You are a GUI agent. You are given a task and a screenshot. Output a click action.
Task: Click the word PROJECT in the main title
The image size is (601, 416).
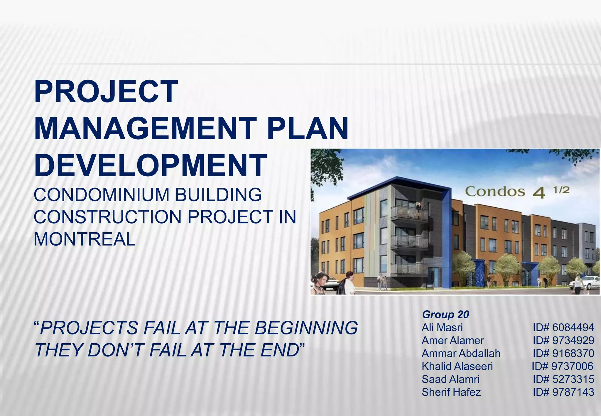coord(106,92)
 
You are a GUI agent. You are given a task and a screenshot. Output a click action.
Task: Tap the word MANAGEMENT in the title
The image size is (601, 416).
coord(145,129)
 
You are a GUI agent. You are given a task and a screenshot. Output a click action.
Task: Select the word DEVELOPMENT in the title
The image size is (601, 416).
coord(151,165)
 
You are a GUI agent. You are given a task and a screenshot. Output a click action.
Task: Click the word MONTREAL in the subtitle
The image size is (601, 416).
coord(85,239)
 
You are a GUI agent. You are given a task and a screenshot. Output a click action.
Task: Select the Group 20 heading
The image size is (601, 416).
coord(445,314)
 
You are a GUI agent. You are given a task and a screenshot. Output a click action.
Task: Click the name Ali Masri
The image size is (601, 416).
coord(442,327)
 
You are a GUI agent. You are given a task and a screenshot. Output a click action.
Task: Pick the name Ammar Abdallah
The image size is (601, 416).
coord(461,353)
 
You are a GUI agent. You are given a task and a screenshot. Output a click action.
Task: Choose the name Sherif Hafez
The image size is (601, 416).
coord(451,392)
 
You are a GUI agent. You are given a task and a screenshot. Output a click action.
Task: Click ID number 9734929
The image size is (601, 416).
coord(563,340)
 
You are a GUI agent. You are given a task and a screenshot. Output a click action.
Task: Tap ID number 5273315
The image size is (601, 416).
coord(563,379)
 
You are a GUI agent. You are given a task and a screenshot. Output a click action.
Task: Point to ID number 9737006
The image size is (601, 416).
coord(563,366)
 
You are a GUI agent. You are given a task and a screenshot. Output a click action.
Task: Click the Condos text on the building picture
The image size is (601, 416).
coord(495,192)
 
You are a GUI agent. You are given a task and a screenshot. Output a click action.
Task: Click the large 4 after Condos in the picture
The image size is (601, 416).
coord(539,193)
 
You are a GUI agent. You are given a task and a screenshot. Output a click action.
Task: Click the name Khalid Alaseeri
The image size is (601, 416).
coord(457,366)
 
